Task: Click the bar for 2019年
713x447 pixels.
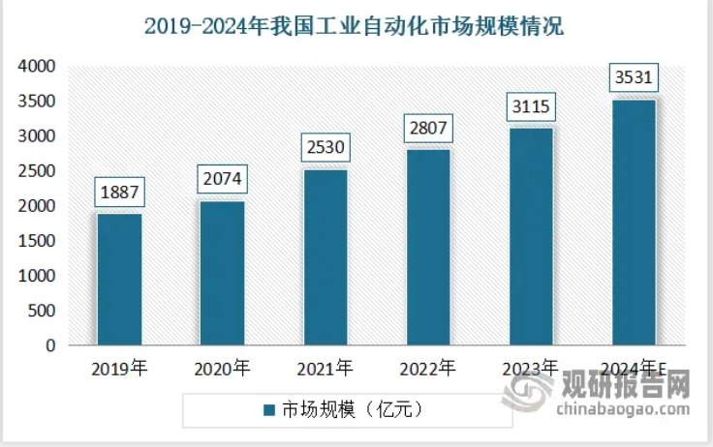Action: click(119, 279)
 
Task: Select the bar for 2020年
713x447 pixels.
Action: click(222, 272)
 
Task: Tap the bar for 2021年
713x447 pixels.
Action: click(325, 256)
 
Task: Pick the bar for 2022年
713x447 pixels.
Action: click(427, 247)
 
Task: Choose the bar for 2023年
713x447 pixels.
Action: click(530, 236)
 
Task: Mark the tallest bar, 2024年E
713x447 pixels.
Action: click(634, 222)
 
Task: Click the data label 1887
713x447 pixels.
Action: click(119, 192)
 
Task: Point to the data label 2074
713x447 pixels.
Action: click(222, 179)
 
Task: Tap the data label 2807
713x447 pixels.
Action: click(427, 128)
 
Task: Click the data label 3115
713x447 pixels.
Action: click(530, 106)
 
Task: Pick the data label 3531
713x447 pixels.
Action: click(634, 76)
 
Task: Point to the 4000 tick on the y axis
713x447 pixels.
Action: click(35, 67)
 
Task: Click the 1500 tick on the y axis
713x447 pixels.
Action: click(35, 241)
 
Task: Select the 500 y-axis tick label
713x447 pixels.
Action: click(40, 311)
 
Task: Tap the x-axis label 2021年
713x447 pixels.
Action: click(325, 368)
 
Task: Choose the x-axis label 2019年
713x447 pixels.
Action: click(119, 368)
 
